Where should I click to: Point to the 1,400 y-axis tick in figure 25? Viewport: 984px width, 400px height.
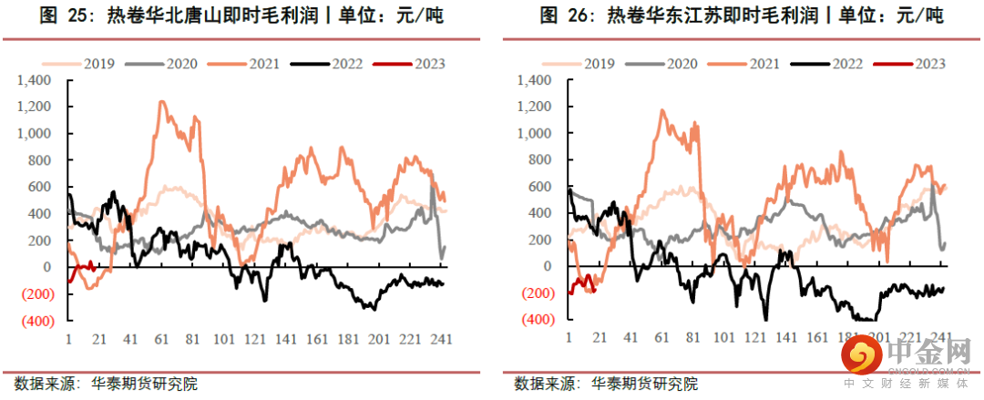[42, 80]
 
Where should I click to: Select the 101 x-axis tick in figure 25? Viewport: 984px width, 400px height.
[224, 339]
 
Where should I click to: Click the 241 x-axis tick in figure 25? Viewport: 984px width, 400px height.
[442, 339]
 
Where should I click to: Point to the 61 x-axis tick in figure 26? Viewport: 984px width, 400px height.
[661, 339]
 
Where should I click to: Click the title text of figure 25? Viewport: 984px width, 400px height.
[241, 16]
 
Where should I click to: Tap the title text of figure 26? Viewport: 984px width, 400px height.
[743, 16]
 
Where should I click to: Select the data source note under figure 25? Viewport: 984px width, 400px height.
[107, 384]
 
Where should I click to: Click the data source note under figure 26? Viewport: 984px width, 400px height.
[606, 384]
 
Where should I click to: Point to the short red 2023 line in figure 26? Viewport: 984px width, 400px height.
[582, 284]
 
